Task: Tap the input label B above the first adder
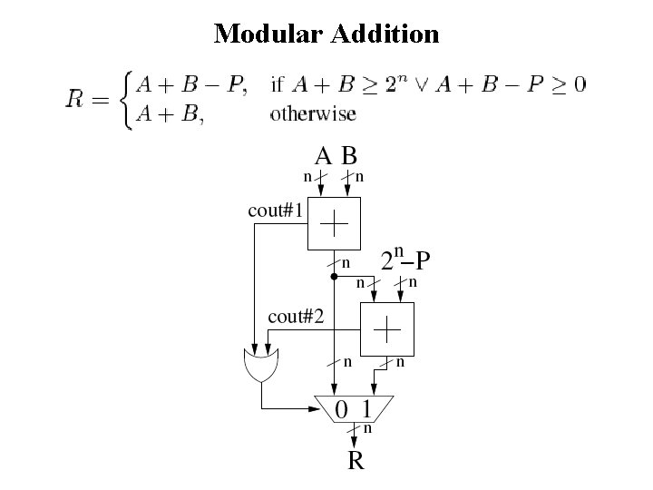point(348,156)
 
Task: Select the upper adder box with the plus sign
point(335,221)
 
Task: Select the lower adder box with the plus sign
point(387,329)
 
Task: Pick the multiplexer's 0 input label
point(341,409)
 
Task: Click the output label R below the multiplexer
point(356,462)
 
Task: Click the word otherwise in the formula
point(313,114)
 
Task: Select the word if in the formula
point(278,85)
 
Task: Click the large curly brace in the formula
point(126,100)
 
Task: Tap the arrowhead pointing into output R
point(355,442)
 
